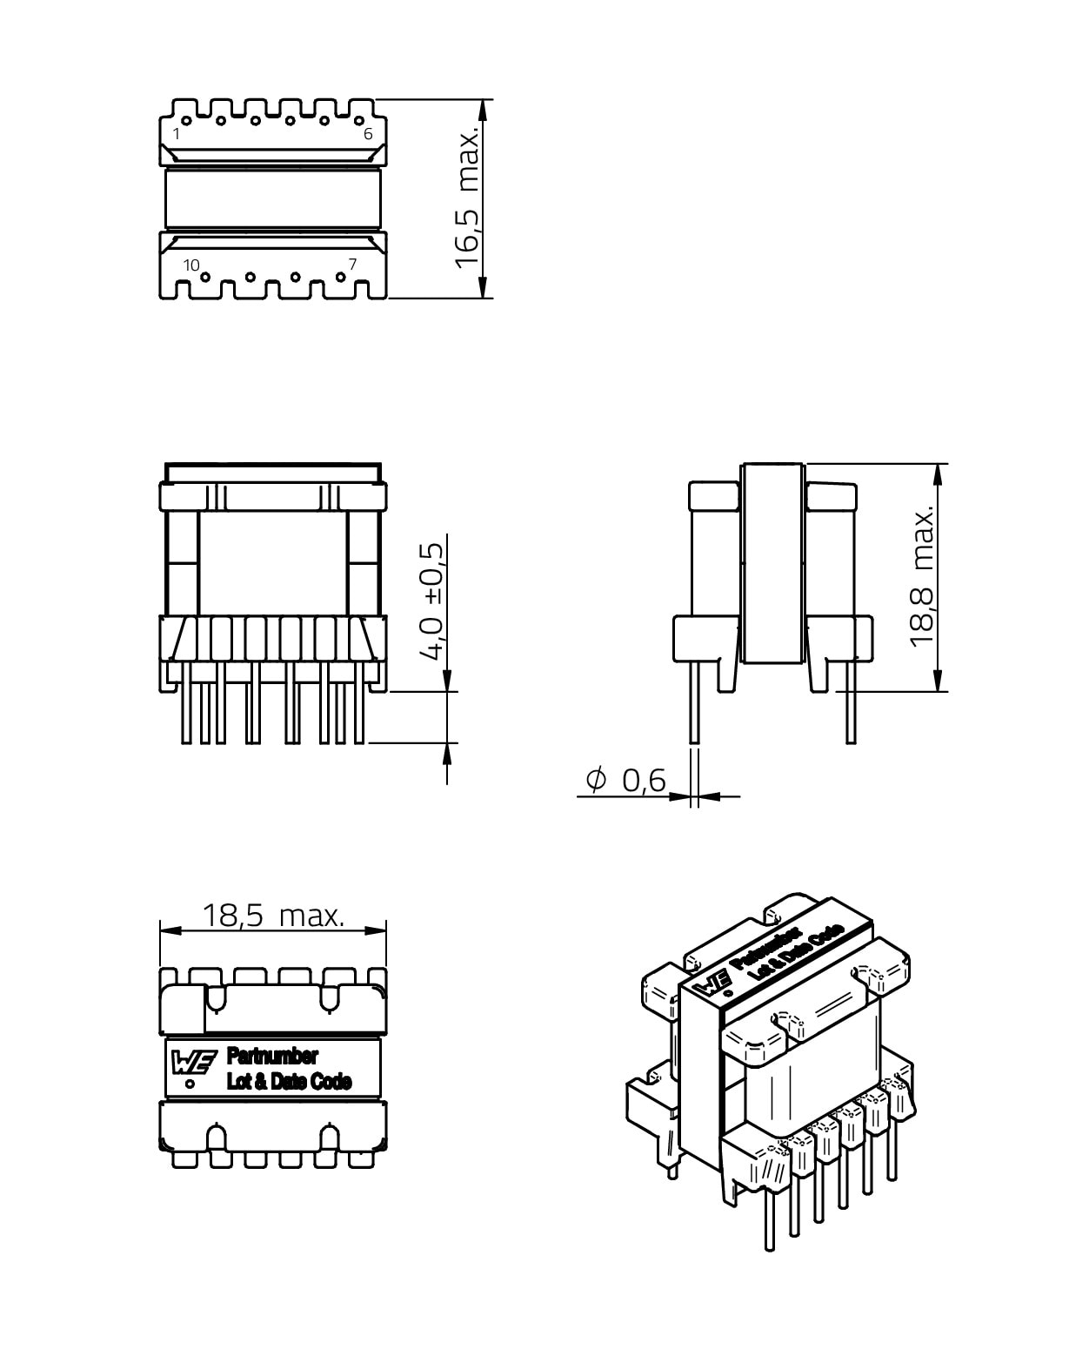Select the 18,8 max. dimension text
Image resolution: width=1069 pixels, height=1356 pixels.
pyautogui.click(x=922, y=577)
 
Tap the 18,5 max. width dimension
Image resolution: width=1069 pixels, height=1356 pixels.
pyautogui.click(x=273, y=916)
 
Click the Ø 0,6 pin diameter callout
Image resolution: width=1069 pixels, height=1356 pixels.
pyautogui.click(x=625, y=781)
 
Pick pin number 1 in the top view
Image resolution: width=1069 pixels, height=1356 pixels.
pyautogui.click(x=177, y=134)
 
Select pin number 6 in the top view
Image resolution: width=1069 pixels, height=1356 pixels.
pyautogui.click(x=368, y=134)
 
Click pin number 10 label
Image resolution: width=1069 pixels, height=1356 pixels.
pyautogui.click(x=191, y=265)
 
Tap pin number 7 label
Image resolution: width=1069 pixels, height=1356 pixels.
pyautogui.click(x=352, y=264)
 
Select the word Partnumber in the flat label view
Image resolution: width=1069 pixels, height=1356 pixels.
pyautogui.click(x=271, y=1057)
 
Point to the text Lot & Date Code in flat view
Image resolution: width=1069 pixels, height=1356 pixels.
pyautogui.click(x=289, y=1082)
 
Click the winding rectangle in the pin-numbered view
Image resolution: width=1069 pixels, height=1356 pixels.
pyautogui.click(x=273, y=199)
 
